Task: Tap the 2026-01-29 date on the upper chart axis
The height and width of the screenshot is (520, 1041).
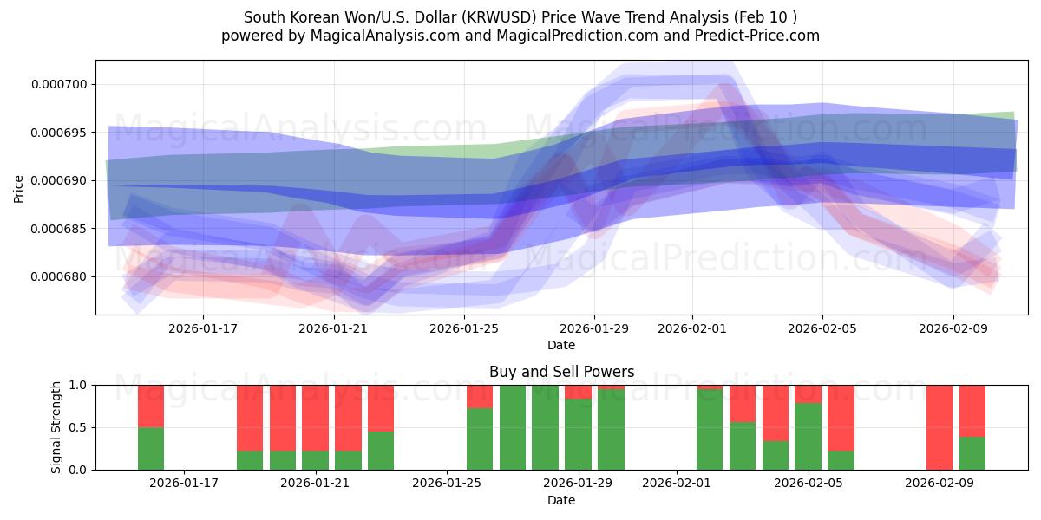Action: coord(594,328)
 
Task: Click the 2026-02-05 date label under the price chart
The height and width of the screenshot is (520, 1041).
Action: coord(822,328)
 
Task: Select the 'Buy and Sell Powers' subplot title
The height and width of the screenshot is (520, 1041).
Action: coord(561,372)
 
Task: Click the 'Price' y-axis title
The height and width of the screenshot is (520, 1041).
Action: coord(19,188)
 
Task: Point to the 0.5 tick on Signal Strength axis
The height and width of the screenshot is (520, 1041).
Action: coord(77,427)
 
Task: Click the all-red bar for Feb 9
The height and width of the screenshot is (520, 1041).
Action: coord(940,427)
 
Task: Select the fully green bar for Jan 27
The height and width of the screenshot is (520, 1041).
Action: coord(513,427)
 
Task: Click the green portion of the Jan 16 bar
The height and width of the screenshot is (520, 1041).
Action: coord(151,449)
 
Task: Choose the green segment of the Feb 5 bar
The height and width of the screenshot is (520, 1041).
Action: coord(808,438)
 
